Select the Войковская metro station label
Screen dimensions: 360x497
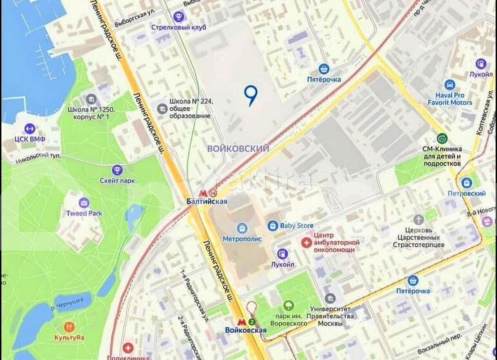pyautogui.click(x=245, y=330)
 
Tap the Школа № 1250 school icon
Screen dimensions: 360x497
pyautogui.click(x=91, y=99)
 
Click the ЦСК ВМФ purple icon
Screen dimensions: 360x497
pyautogui.click(x=29, y=128)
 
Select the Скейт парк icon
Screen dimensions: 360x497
pyautogui.click(x=117, y=170)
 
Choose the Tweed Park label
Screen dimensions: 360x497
pyautogui.click(x=84, y=213)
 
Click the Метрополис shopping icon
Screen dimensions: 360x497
pyautogui.click(x=242, y=227)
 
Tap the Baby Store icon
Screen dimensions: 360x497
pyautogui.click(x=273, y=226)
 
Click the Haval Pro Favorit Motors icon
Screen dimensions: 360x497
pyautogui.click(x=450, y=85)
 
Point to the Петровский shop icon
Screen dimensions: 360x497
pyautogui.click(x=466, y=183)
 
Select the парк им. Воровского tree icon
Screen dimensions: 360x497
pyautogui.click(x=287, y=305)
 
